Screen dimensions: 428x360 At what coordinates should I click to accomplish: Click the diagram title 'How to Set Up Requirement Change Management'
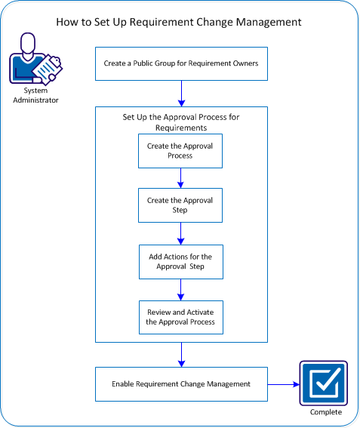click(179, 22)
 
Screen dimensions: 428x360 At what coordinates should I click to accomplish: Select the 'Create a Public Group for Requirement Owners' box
click(181, 64)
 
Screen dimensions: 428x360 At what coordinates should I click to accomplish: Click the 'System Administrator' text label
click(31, 96)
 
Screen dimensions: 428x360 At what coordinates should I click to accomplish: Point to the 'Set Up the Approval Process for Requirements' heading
click(181, 122)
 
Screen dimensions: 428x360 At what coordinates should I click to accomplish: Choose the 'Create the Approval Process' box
click(180, 151)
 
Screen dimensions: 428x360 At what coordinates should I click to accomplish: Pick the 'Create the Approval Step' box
click(180, 205)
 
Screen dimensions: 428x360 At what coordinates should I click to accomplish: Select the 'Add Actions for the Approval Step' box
click(180, 262)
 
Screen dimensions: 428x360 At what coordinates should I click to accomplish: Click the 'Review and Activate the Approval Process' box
click(180, 317)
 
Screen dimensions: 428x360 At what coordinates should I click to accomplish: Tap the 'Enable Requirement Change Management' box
click(181, 384)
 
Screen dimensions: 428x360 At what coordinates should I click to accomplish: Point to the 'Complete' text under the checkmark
click(325, 412)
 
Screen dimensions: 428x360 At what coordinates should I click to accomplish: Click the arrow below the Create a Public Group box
click(181, 94)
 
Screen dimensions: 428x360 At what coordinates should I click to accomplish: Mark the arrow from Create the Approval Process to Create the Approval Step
click(180, 178)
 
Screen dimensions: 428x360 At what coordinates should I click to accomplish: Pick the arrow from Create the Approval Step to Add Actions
click(180, 234)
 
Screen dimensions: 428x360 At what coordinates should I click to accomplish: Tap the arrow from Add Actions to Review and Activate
click(180, 290)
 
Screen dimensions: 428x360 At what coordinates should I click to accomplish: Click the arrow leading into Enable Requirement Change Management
click(181, 355)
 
